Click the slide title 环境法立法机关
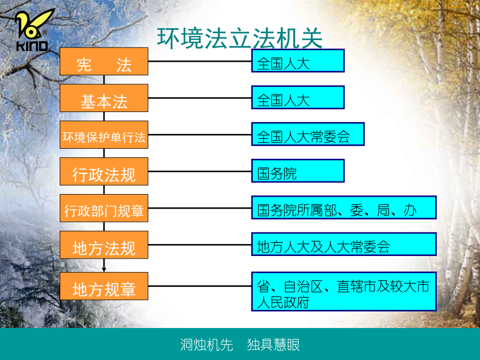click(x=239, y=38)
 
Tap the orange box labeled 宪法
click(x=104, y=61)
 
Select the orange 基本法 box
click(x=104, y=98)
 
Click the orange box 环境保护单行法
click(x=104, y=135)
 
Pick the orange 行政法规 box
click(x=104, y=171)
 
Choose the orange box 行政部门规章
click(x=104, y=208)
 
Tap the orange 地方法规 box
click(x=104, y=245)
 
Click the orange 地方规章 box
click(x=104, y=286)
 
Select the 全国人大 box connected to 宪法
click(x=298, y=61)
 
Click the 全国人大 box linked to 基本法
click(x=298, y=98)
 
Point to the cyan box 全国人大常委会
click(x=308, y=134)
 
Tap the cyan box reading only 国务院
click(x=298, y=171)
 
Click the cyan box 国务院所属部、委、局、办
click(x=344, y=207)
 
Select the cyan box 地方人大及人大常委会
click(x=344, y=244)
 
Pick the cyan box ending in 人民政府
click(x=344, y=291)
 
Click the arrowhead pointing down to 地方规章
click(x=104, y=269)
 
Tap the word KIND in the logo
click(x=32, y=46)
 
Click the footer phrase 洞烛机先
click(x=206, y=345)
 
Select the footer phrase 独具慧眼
click(x=274, y=345)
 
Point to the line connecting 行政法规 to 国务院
click(x=200, y=171)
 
